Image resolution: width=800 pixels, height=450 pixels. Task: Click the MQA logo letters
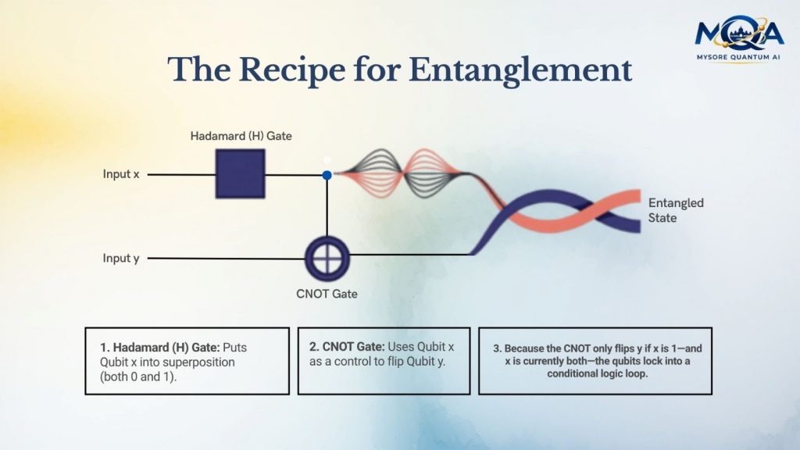pyautogui.click(x=738, y=33)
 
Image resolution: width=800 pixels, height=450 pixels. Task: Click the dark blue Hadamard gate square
pyautogui.click(x=240, y=173)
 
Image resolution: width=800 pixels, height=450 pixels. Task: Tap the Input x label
pyautogui.click(x=121, y=174)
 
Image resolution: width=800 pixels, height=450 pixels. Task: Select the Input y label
pyautogui.click(x=121, y=258)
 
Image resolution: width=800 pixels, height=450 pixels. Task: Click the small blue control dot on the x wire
pyautogui.click(x=327, y=175)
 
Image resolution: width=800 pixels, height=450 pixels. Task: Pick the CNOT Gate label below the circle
pyautogui.click(x=326, y=295)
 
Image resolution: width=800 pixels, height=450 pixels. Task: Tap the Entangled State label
pyautogui.click(x=676, y=210)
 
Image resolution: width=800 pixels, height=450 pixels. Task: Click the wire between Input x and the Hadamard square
pyautogui.click(x=180, y=174)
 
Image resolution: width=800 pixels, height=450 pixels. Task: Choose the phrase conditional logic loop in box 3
pyautogui.click(x=595, y=373)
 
